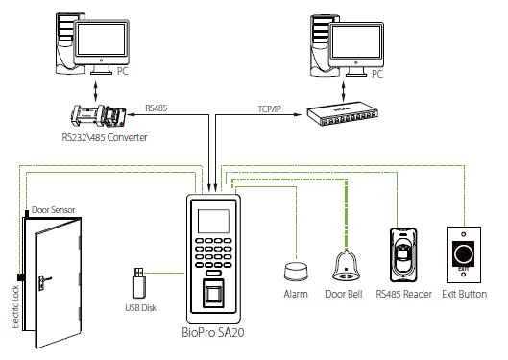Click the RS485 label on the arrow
click(157, 108)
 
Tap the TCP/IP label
click(270, 109)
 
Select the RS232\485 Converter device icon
click(97, 117)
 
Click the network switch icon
click(343, 114)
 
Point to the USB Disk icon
click(139, 283)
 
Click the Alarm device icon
click(296, 272)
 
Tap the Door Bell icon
click(346, 267)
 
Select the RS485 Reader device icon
click(403, 255)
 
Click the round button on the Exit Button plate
click(464, 253)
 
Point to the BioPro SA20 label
click(213, 332)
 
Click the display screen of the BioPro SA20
click(213, 221)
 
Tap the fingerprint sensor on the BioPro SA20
click(213, 294)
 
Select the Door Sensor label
click(53, 210)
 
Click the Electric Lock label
click(15, 307)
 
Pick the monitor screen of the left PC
click(101, 39)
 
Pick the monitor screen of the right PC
click(356, 42)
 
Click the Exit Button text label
click(464, 294)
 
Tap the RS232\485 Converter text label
click(105, 137)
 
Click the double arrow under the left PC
click(95, 91)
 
